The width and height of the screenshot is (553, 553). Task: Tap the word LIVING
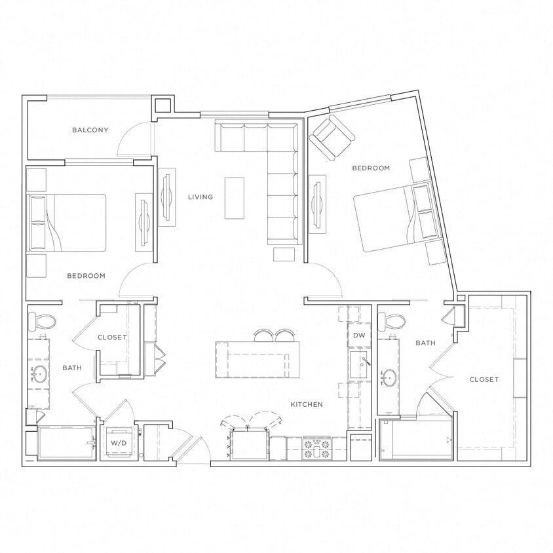[200, 197]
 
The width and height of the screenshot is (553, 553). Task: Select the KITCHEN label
[306, 404]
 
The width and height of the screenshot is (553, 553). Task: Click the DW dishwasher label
[358, 335]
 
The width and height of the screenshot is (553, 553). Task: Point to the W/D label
[118, 444]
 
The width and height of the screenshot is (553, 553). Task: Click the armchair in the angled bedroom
[332, 137]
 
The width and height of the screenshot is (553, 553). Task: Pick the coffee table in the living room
[234, 198]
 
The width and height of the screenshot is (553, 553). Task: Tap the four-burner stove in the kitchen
[318, 449]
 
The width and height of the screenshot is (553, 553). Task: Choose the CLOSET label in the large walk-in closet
[484, 379]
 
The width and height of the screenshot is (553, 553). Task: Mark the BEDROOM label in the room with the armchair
[371, 168]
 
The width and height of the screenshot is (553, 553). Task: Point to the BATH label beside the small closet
[71, 368]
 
